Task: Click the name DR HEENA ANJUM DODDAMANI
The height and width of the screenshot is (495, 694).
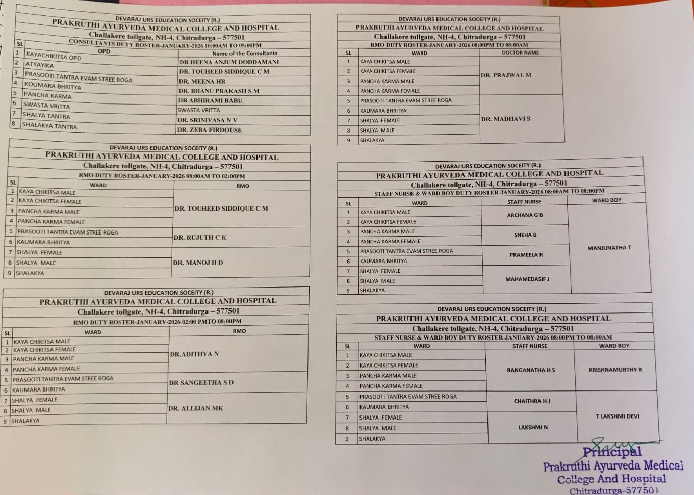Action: (x=229, y=62)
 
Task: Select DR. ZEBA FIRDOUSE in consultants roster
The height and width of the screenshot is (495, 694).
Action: (x=209, y=130)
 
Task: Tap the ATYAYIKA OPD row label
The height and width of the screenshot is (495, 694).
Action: (x=40, y=65)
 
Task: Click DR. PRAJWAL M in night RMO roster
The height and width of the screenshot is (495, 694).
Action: (x=506, y=75)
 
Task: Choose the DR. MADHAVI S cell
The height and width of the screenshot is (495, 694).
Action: (x=505, y=119)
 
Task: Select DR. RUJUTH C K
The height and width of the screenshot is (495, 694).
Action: (x=200, y=237)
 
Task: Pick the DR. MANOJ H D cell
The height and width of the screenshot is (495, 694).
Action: (x=198, y=263)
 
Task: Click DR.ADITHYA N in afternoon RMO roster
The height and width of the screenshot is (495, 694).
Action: (x=194, y=354)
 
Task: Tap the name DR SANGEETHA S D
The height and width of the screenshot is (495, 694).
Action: (x=201, y=382)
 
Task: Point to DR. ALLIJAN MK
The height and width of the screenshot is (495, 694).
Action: (x=195, y=408)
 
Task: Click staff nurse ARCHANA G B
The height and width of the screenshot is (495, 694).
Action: (x=525, y=215)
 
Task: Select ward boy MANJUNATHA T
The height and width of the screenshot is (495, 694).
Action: (x=609, y=248)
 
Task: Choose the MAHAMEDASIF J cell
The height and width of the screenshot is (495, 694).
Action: (x=527, y=279)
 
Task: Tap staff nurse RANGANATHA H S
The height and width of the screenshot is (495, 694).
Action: (x=531, y=370)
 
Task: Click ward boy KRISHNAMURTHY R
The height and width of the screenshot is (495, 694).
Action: (x=615, y=370)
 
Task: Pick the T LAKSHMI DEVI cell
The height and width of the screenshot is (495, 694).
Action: (x=617, y=416)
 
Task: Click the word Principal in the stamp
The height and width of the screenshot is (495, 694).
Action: (x=612, y=452)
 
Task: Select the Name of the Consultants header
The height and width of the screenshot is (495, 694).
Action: (x=244, y=53)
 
